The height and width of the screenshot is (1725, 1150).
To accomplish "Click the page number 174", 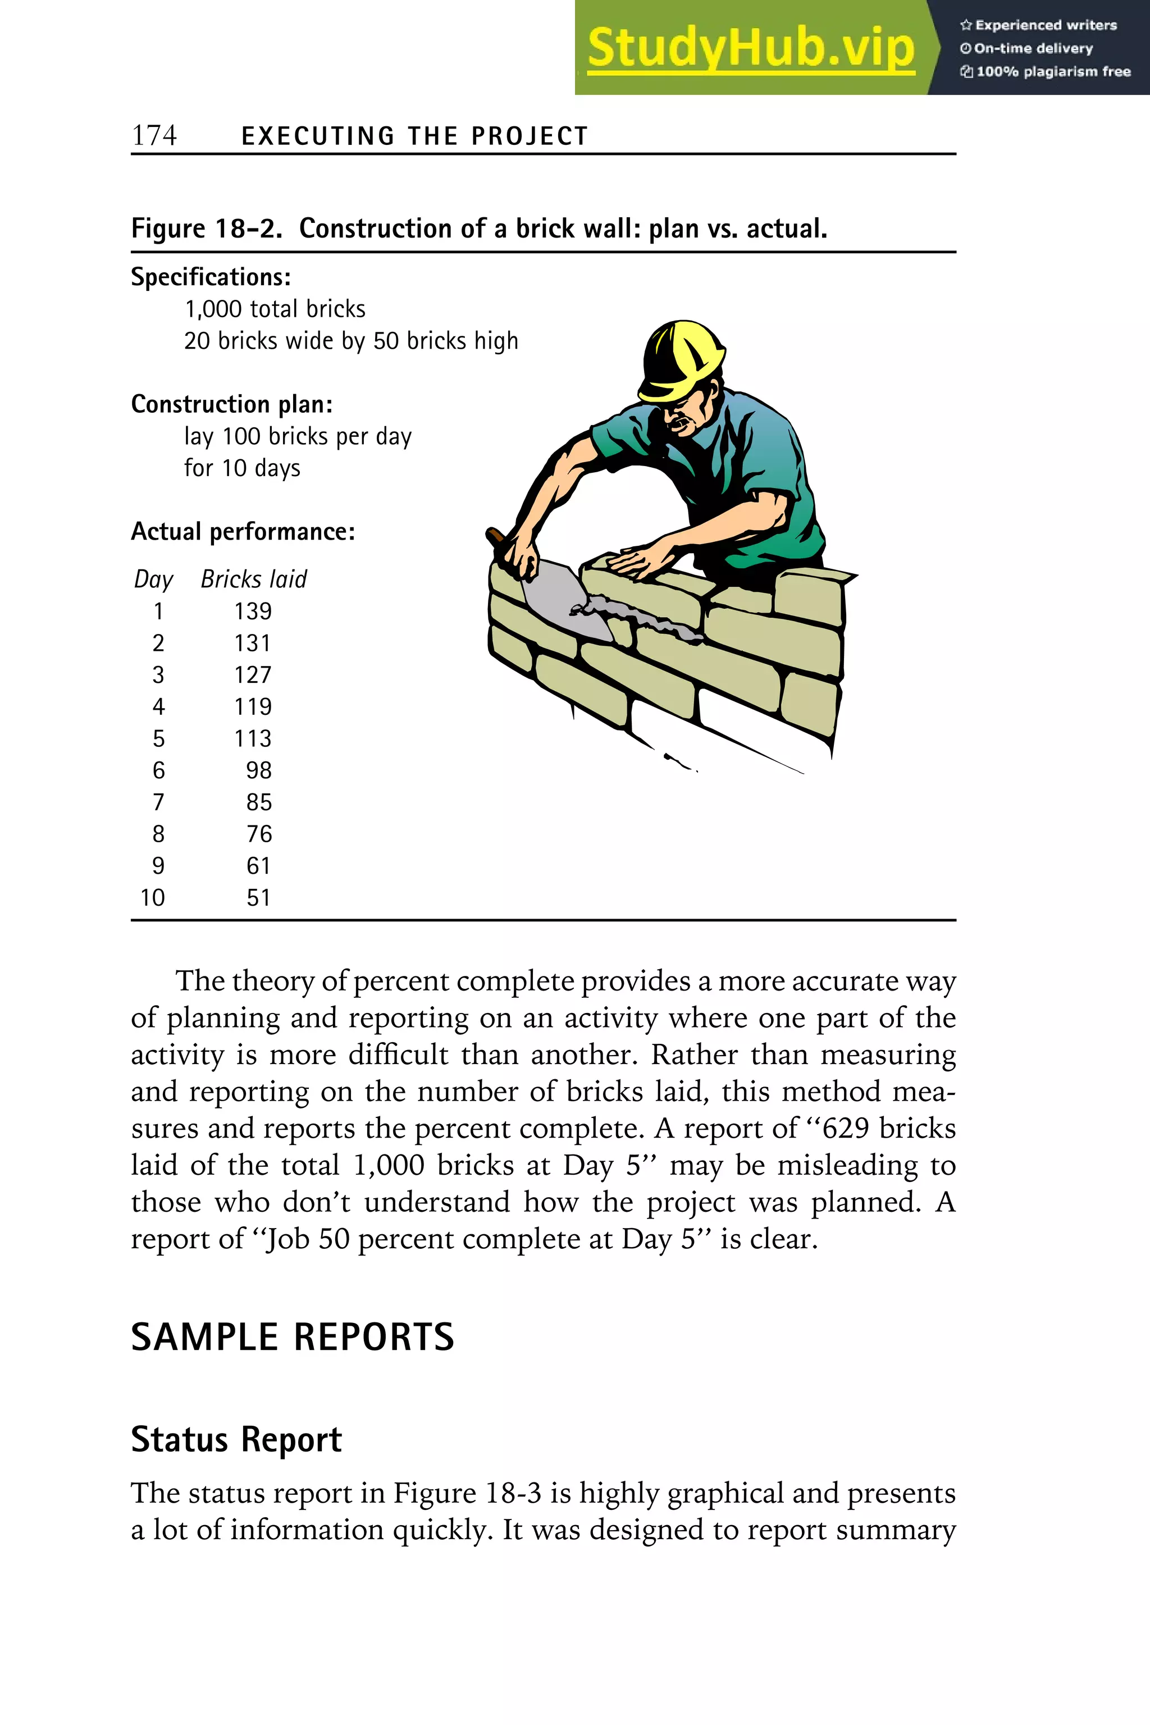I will (x=154, y=136).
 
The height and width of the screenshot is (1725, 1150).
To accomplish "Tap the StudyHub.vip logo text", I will (x=750, y=48).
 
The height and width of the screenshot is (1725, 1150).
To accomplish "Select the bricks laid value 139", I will (x=253, y=611).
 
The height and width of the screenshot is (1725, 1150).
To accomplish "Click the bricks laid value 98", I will (x=259, y=770).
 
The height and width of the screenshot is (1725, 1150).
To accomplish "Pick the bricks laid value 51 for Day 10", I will (x=259, y=898).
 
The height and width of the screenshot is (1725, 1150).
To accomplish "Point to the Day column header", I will (x=153, y=579).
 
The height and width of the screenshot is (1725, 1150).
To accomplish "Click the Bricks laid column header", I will (x=254, y=579).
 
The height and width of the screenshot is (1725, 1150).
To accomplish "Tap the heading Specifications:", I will (x=211, y=277).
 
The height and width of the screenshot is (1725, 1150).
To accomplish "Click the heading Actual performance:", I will (x=243, y=532).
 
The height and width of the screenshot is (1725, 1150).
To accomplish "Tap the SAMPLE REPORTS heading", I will (x=293, y=1337).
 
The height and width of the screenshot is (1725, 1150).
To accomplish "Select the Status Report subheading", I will (x=236, y=1439).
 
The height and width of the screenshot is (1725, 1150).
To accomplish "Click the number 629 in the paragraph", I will (x=846, y=1128).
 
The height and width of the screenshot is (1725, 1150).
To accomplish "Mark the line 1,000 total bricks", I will (x=275, y=309).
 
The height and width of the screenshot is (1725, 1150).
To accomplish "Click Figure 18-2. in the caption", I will (x=207, y=229).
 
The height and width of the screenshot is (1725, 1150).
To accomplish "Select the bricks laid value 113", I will (x=253, y=738).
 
